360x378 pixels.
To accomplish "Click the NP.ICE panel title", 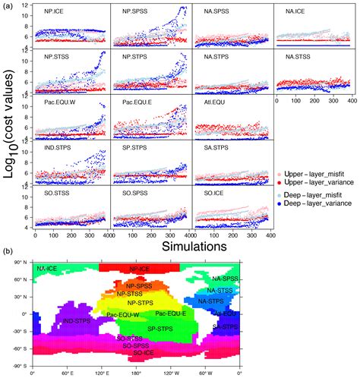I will pos(49,13).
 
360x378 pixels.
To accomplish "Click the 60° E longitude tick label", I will pos(67,373).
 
